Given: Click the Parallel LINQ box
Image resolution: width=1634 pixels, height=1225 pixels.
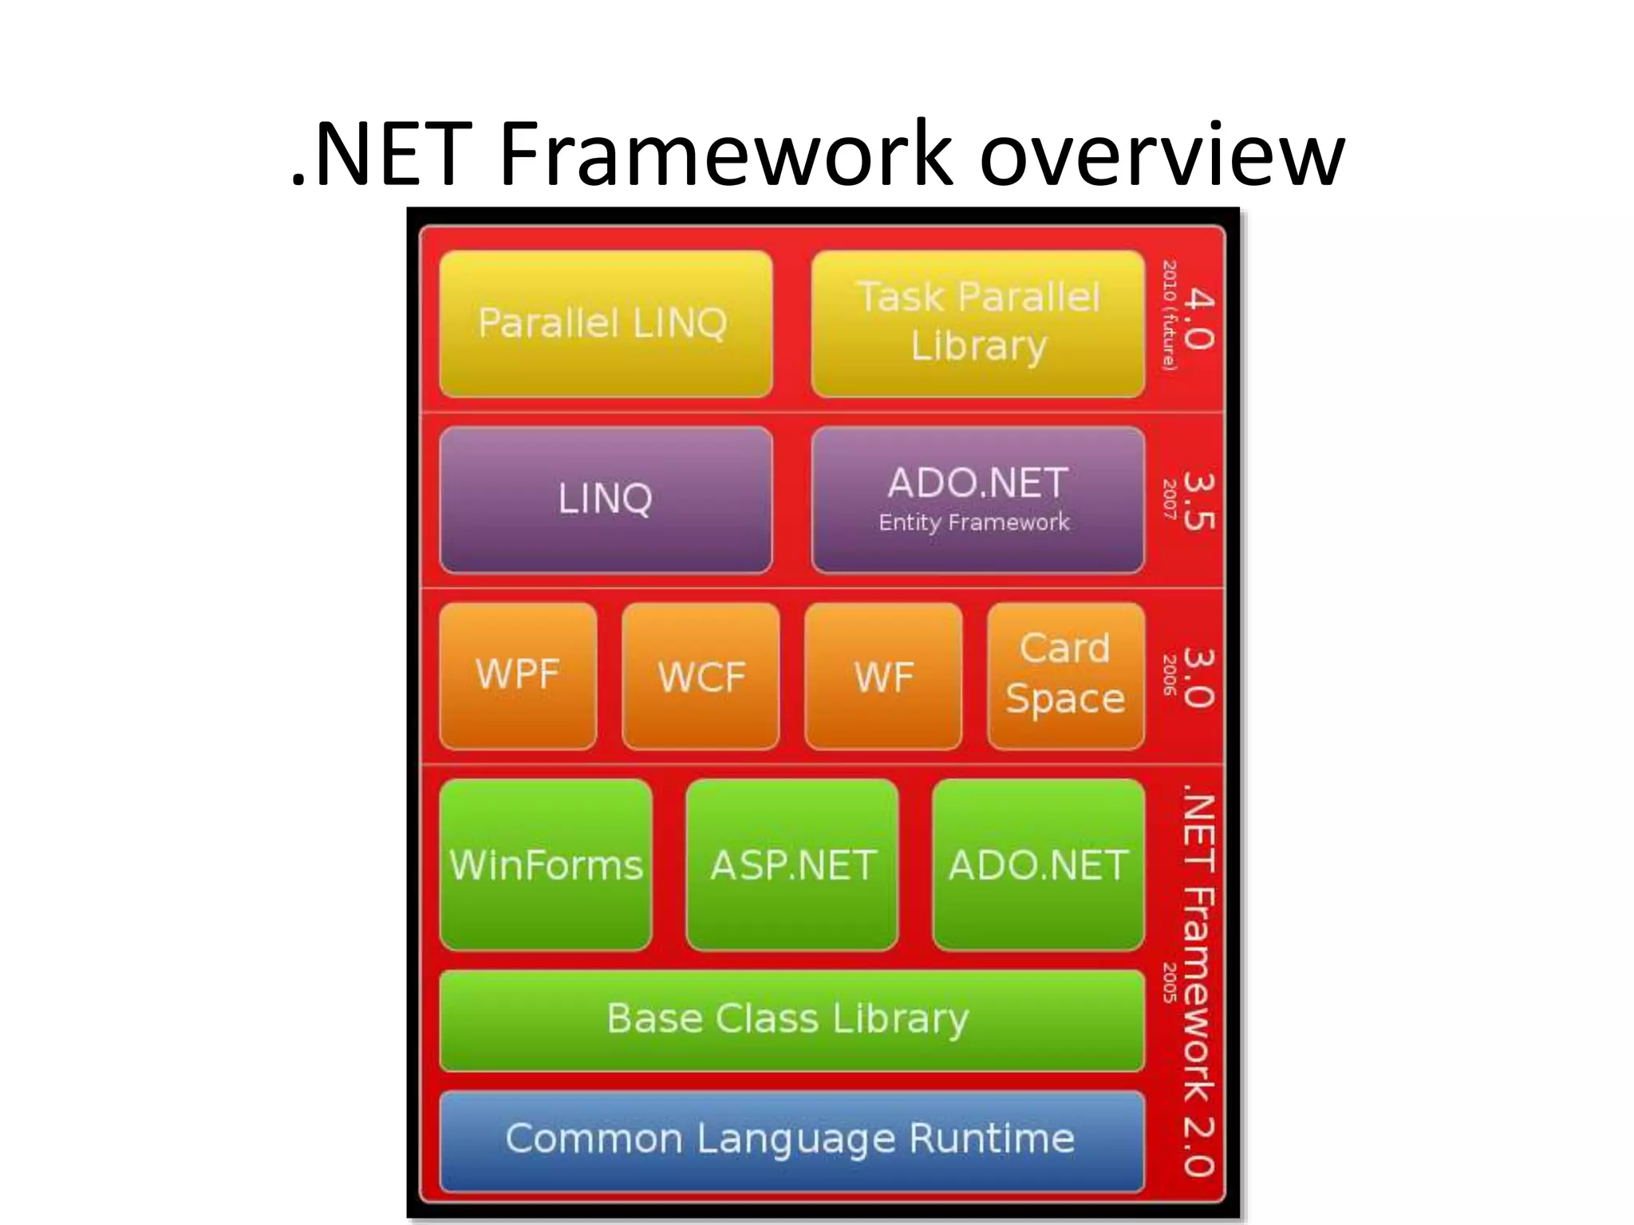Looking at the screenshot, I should coord(605,324).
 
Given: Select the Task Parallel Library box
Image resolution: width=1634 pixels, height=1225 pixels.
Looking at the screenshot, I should coord(978,324).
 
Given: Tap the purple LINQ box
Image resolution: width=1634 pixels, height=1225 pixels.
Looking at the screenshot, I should coord(605,499).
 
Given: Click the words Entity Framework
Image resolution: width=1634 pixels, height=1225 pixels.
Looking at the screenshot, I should coord(973,522).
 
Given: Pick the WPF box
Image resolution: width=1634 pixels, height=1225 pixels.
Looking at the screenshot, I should coord(518,676).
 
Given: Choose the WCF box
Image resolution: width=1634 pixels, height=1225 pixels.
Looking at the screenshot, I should coord(701,676).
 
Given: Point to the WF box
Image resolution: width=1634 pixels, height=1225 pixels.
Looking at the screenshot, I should coord(883,676).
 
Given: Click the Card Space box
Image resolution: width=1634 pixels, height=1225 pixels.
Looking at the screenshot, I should coord(1065,676).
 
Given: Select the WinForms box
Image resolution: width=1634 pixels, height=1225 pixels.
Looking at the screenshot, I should coord(546,865).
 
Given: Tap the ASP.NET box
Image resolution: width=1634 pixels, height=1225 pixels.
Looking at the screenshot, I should coord(792,865).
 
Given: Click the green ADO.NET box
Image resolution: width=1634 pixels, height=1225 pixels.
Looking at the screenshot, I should coord(1038,865).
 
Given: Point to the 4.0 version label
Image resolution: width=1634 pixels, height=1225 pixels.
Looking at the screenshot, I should coord(1199,319).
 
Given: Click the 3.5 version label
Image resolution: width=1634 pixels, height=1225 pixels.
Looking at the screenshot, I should coord(1199,501).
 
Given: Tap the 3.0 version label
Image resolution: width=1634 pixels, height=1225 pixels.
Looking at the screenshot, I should coord(1199,678).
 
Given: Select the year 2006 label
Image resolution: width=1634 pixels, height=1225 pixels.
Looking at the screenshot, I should coord(1170,675).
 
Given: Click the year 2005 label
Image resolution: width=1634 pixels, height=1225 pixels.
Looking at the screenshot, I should coord(1170,983).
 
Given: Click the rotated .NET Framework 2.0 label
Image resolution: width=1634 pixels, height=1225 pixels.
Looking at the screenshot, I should coord(1199,986).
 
